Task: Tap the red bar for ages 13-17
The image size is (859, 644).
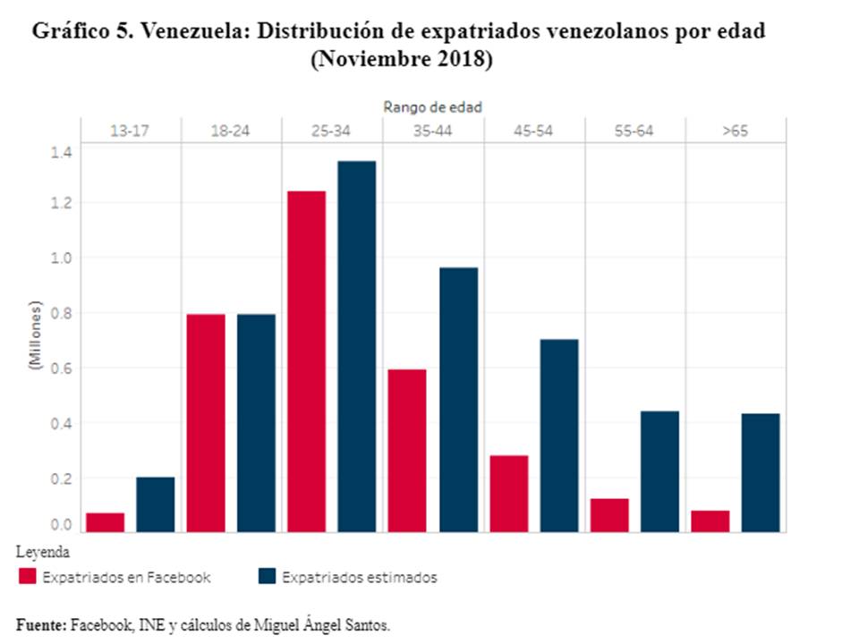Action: [105, 522]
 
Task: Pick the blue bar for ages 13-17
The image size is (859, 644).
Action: [156, 504]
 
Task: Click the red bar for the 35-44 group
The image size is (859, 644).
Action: [407, 451]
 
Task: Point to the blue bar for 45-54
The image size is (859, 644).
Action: [559, 436]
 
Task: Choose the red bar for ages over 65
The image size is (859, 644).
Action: [710, 521]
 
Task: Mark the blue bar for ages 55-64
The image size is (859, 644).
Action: [660, 471]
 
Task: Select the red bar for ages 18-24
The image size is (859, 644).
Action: [206, 423]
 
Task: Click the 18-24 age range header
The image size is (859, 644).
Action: [230, 131]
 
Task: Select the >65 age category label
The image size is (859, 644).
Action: [735, 131]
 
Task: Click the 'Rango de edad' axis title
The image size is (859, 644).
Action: [433, 106]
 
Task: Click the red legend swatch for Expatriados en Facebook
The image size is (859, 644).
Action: [28, 577]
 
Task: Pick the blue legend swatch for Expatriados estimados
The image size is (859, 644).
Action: [266, 577]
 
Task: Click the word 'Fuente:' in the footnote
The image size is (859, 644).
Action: [41, 624]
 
